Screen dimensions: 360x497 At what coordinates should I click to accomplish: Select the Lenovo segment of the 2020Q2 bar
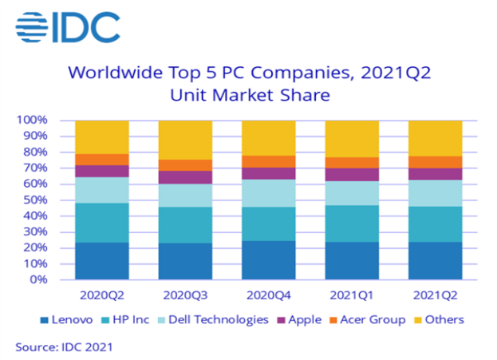point(102,261)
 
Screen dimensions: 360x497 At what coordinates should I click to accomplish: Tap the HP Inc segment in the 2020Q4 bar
point(269,224)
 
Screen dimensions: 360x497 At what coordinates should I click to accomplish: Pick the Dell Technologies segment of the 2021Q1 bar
point(352,193)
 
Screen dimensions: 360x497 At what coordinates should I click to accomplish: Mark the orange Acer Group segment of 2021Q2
point(435,162)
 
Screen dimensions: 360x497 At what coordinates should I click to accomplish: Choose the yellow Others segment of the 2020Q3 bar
point(185,140)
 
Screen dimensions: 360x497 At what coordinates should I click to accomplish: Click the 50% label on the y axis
point(35,200)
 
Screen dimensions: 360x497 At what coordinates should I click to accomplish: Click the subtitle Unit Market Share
point(250,96)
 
